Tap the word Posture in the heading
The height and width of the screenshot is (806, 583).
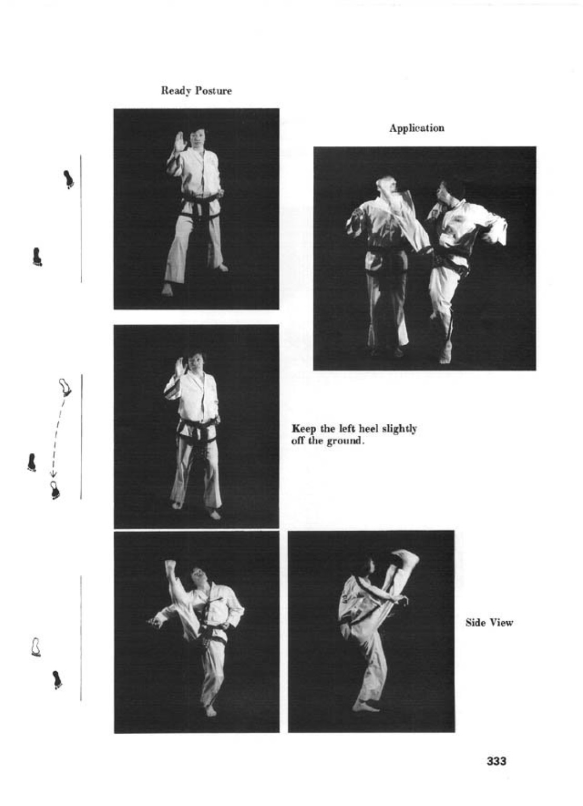pos(214,91)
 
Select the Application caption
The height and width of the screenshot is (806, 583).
pos(417,128)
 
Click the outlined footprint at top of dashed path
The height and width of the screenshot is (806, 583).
pos(65,387)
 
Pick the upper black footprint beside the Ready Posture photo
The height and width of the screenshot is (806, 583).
pos(68,179)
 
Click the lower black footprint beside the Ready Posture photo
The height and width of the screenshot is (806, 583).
pos(37,257)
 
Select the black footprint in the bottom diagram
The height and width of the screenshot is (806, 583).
pos(56,679)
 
